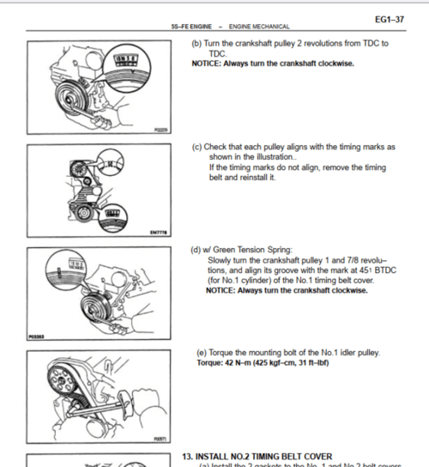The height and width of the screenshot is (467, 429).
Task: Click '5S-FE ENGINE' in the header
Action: pos(190,27)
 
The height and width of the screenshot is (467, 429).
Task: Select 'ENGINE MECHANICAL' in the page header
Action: pos(258,27)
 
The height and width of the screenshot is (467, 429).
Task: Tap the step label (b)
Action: pos(196,44)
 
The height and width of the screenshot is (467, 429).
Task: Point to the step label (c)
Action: pos(196,147)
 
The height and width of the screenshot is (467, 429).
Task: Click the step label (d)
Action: pos(196,250)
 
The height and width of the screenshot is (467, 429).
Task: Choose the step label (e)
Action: pos(201,353)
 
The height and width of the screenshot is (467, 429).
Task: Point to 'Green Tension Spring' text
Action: pos(249,250)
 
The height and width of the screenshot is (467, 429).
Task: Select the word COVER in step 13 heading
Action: pos(314,456)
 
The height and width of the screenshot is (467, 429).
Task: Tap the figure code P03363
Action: pos(35,337)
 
